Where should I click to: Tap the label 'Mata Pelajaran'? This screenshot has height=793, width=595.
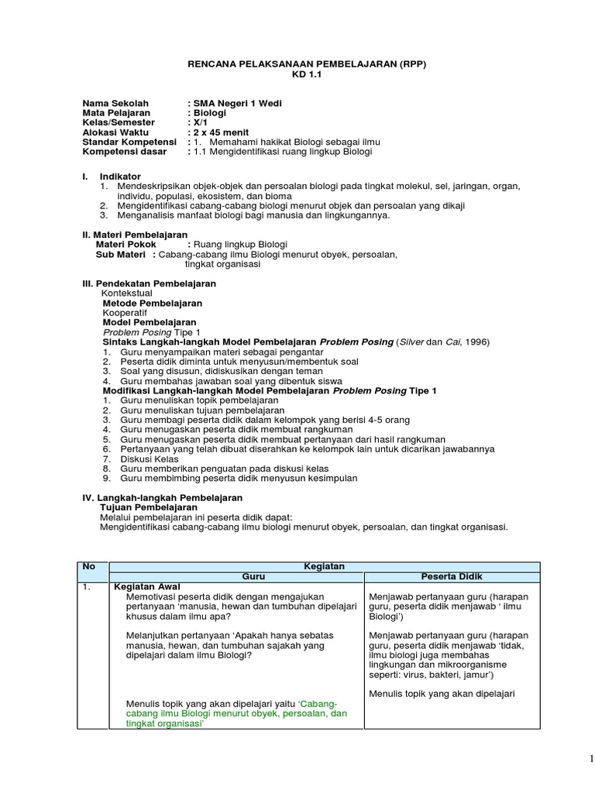tap(116, 113)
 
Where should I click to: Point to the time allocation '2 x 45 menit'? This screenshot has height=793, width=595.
tap(219, 132)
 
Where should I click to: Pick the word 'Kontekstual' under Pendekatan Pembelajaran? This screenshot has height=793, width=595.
tap(127, 294)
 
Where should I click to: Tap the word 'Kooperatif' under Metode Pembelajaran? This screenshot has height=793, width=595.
tap(125, 313)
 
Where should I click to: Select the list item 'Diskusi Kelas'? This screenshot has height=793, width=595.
tap(150, 458)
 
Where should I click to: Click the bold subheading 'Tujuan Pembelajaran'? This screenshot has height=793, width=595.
tap(149, 507)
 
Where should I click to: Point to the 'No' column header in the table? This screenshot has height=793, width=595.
tap(89, 566)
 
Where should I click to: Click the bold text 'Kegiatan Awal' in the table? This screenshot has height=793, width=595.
tap(142, 587)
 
